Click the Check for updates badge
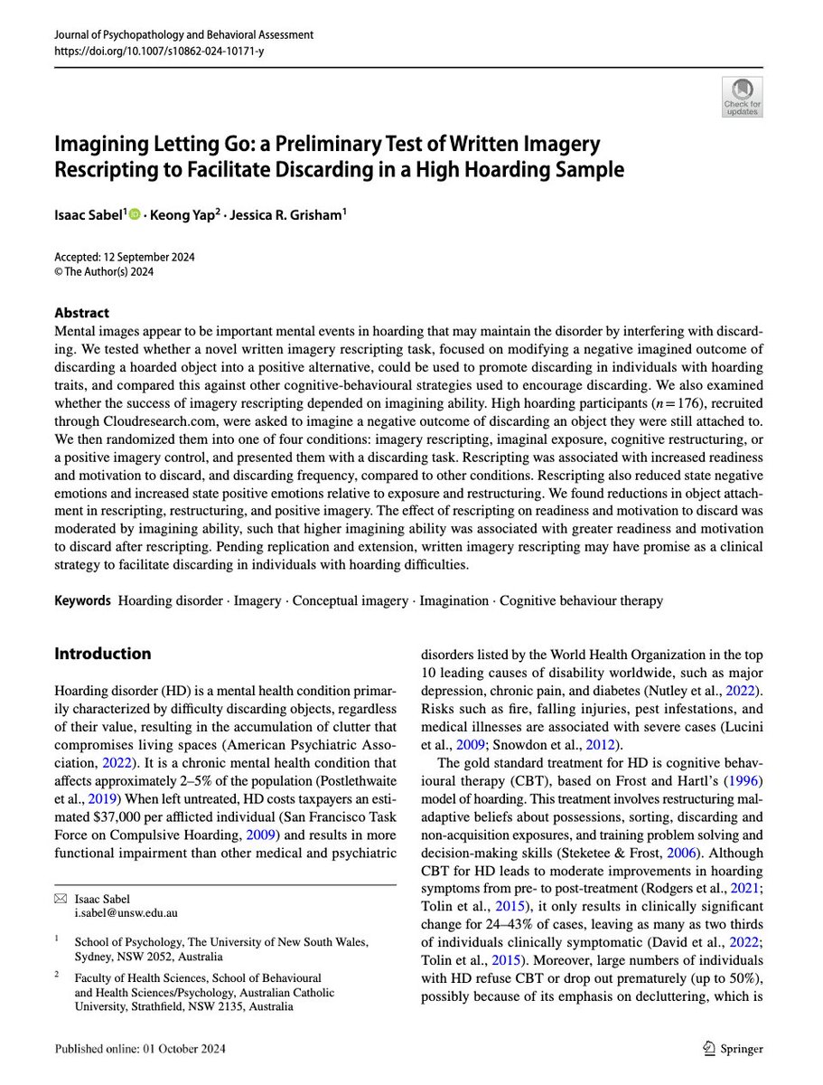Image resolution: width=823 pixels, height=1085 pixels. (741, 96)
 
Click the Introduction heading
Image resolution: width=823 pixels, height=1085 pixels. (103, 654)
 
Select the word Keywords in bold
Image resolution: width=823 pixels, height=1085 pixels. (83, 600)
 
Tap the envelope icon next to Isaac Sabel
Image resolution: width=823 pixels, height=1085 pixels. (61, 898)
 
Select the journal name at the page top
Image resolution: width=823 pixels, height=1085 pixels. (184, 35)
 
